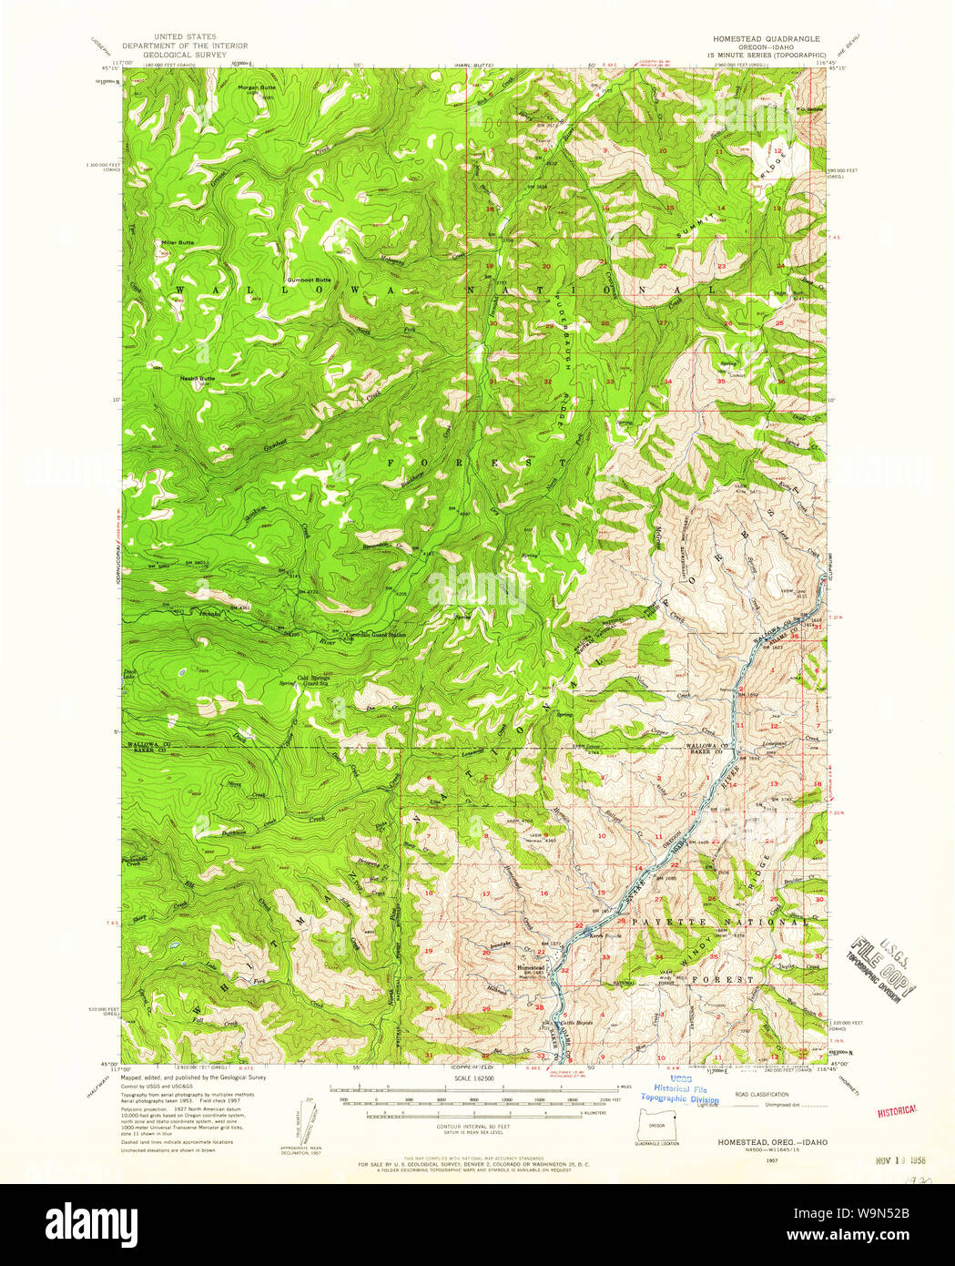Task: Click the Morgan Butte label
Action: point(256,87)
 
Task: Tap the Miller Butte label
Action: point(178,242)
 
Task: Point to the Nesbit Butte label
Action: point(197,378)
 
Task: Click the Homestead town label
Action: point(531,967)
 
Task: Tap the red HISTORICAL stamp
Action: point(896,1111)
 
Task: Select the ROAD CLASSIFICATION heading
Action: point(761,1095)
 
